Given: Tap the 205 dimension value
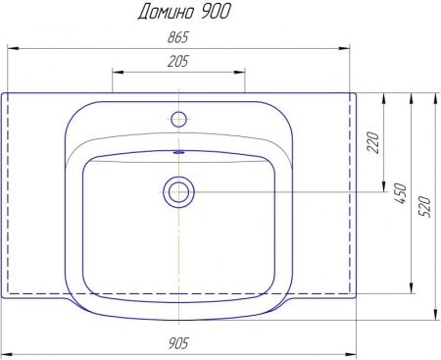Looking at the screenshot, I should coord(177,62).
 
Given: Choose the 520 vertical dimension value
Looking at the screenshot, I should coord(424,207).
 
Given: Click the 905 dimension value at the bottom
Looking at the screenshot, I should coord(178,343).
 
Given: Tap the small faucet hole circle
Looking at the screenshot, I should coord(178,120).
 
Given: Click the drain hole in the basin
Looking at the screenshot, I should coord(178,191).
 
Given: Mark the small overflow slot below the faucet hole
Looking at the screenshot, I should coord(178,152).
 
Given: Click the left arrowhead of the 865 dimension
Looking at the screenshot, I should coord(13,46).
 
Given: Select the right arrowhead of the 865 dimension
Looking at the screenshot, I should coord(346,46).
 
